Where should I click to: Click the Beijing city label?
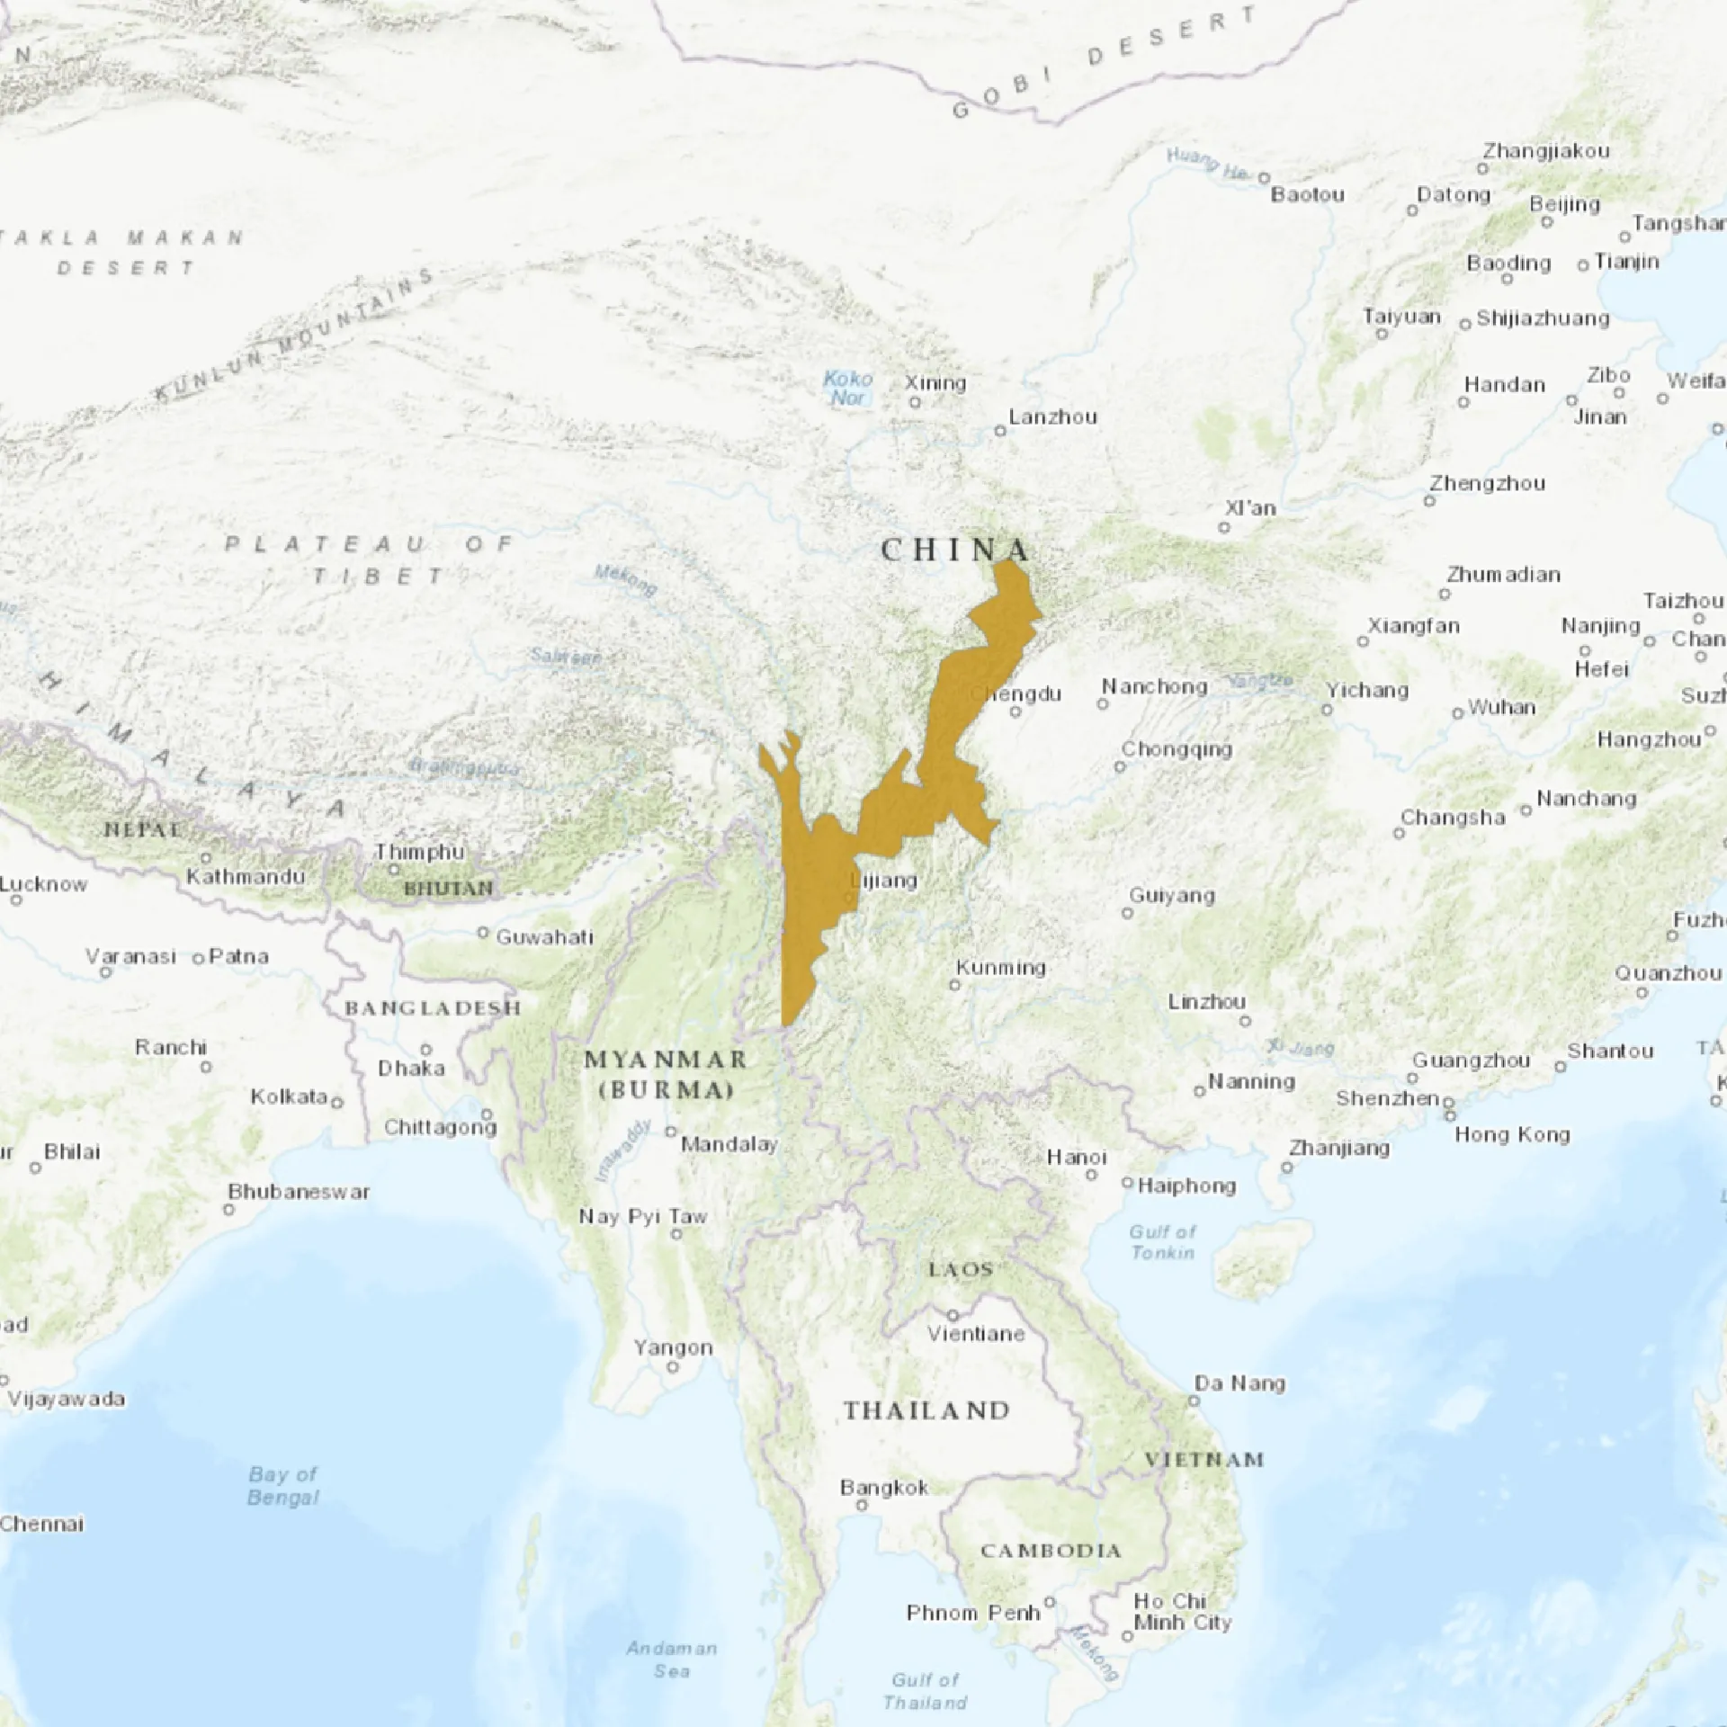[1565, 204]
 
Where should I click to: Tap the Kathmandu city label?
[246, 876]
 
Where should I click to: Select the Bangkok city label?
[884, 1488]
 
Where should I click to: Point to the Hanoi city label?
[1077, 1157]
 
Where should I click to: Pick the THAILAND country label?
[926, 1410]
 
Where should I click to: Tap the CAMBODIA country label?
[1051, 1551]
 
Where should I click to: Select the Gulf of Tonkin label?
[1164, 1241]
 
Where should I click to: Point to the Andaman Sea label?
[672, 1660]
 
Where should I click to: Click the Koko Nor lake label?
[847, 388]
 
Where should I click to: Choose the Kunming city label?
[1000, 968]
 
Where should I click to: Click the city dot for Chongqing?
[1120, 767]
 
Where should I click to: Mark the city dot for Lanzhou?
[999, 432]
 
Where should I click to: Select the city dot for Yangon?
[673, 1367]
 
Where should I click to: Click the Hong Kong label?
[1512, 1134]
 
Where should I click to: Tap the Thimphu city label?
[419, 852]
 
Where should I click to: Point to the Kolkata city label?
[289, 1096]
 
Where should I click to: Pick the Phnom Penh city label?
[973, 1613]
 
